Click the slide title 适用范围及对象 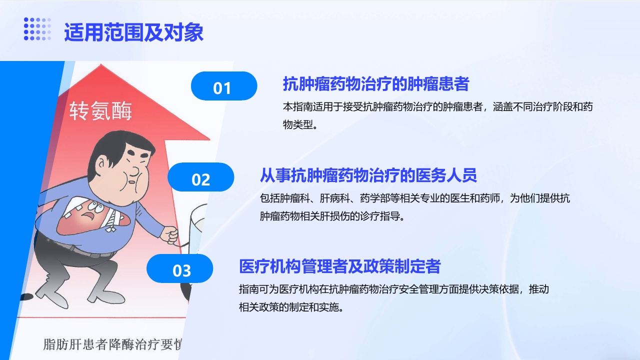coord(133,32)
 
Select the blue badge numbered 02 coord(200,178)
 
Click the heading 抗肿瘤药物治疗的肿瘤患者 coord(375,84)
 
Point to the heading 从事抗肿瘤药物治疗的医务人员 coord(368,175)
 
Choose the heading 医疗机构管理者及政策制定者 coord(339,266)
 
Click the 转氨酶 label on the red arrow coord(100,111)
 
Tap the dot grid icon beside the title coord(37,28)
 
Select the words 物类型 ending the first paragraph coord(299,124)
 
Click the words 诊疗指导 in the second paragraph coord(384,216)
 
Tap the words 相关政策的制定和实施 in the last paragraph coord(290,307)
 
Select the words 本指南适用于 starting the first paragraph coord(307,106)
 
